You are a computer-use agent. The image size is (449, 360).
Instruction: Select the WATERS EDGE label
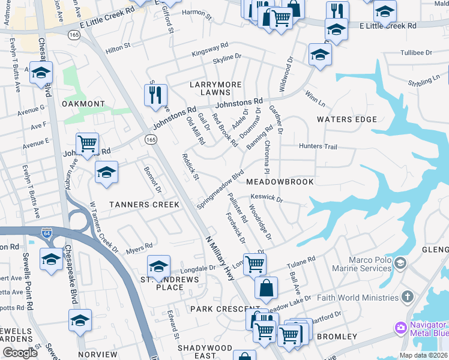point(347,119)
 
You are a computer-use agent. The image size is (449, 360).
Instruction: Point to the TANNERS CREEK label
point(144,205)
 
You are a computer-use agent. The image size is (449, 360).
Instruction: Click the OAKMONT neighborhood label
point(83,104)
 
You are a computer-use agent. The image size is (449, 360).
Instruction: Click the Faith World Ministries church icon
point(408,296)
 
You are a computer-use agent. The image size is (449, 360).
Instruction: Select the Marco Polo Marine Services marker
point(401,263)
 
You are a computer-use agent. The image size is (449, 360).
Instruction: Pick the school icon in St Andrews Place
point(158,266)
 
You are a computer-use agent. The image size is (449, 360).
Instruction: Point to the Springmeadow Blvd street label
point(220,188)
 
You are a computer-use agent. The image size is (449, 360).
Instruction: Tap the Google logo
point(20,353)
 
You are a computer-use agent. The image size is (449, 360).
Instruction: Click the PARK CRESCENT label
point(216,308)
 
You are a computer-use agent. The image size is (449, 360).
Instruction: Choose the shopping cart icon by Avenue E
point(88,143)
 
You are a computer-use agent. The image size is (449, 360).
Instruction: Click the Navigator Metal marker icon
point(400,328)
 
